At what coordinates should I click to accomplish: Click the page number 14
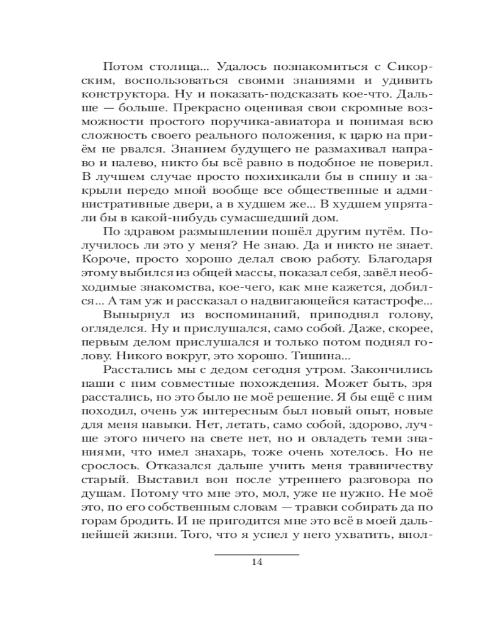click(256, 562)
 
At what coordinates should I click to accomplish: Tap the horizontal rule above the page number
click(257, 554)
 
